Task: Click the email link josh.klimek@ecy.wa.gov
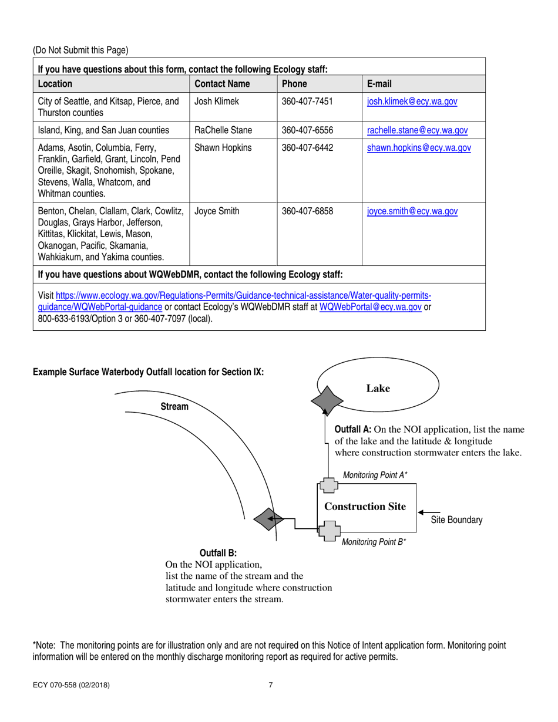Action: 412,102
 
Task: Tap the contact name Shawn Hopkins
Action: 223,148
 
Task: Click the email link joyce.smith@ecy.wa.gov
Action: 412,212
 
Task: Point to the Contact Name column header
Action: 222,84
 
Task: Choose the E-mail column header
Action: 379,84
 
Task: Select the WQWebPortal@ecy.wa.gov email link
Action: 371,308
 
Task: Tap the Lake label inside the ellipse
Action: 378,389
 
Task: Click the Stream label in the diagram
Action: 174,407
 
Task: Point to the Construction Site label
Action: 365,507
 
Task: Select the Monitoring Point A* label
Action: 375,475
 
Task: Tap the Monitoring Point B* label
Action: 374,542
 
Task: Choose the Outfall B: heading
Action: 218,553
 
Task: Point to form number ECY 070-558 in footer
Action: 70,685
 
